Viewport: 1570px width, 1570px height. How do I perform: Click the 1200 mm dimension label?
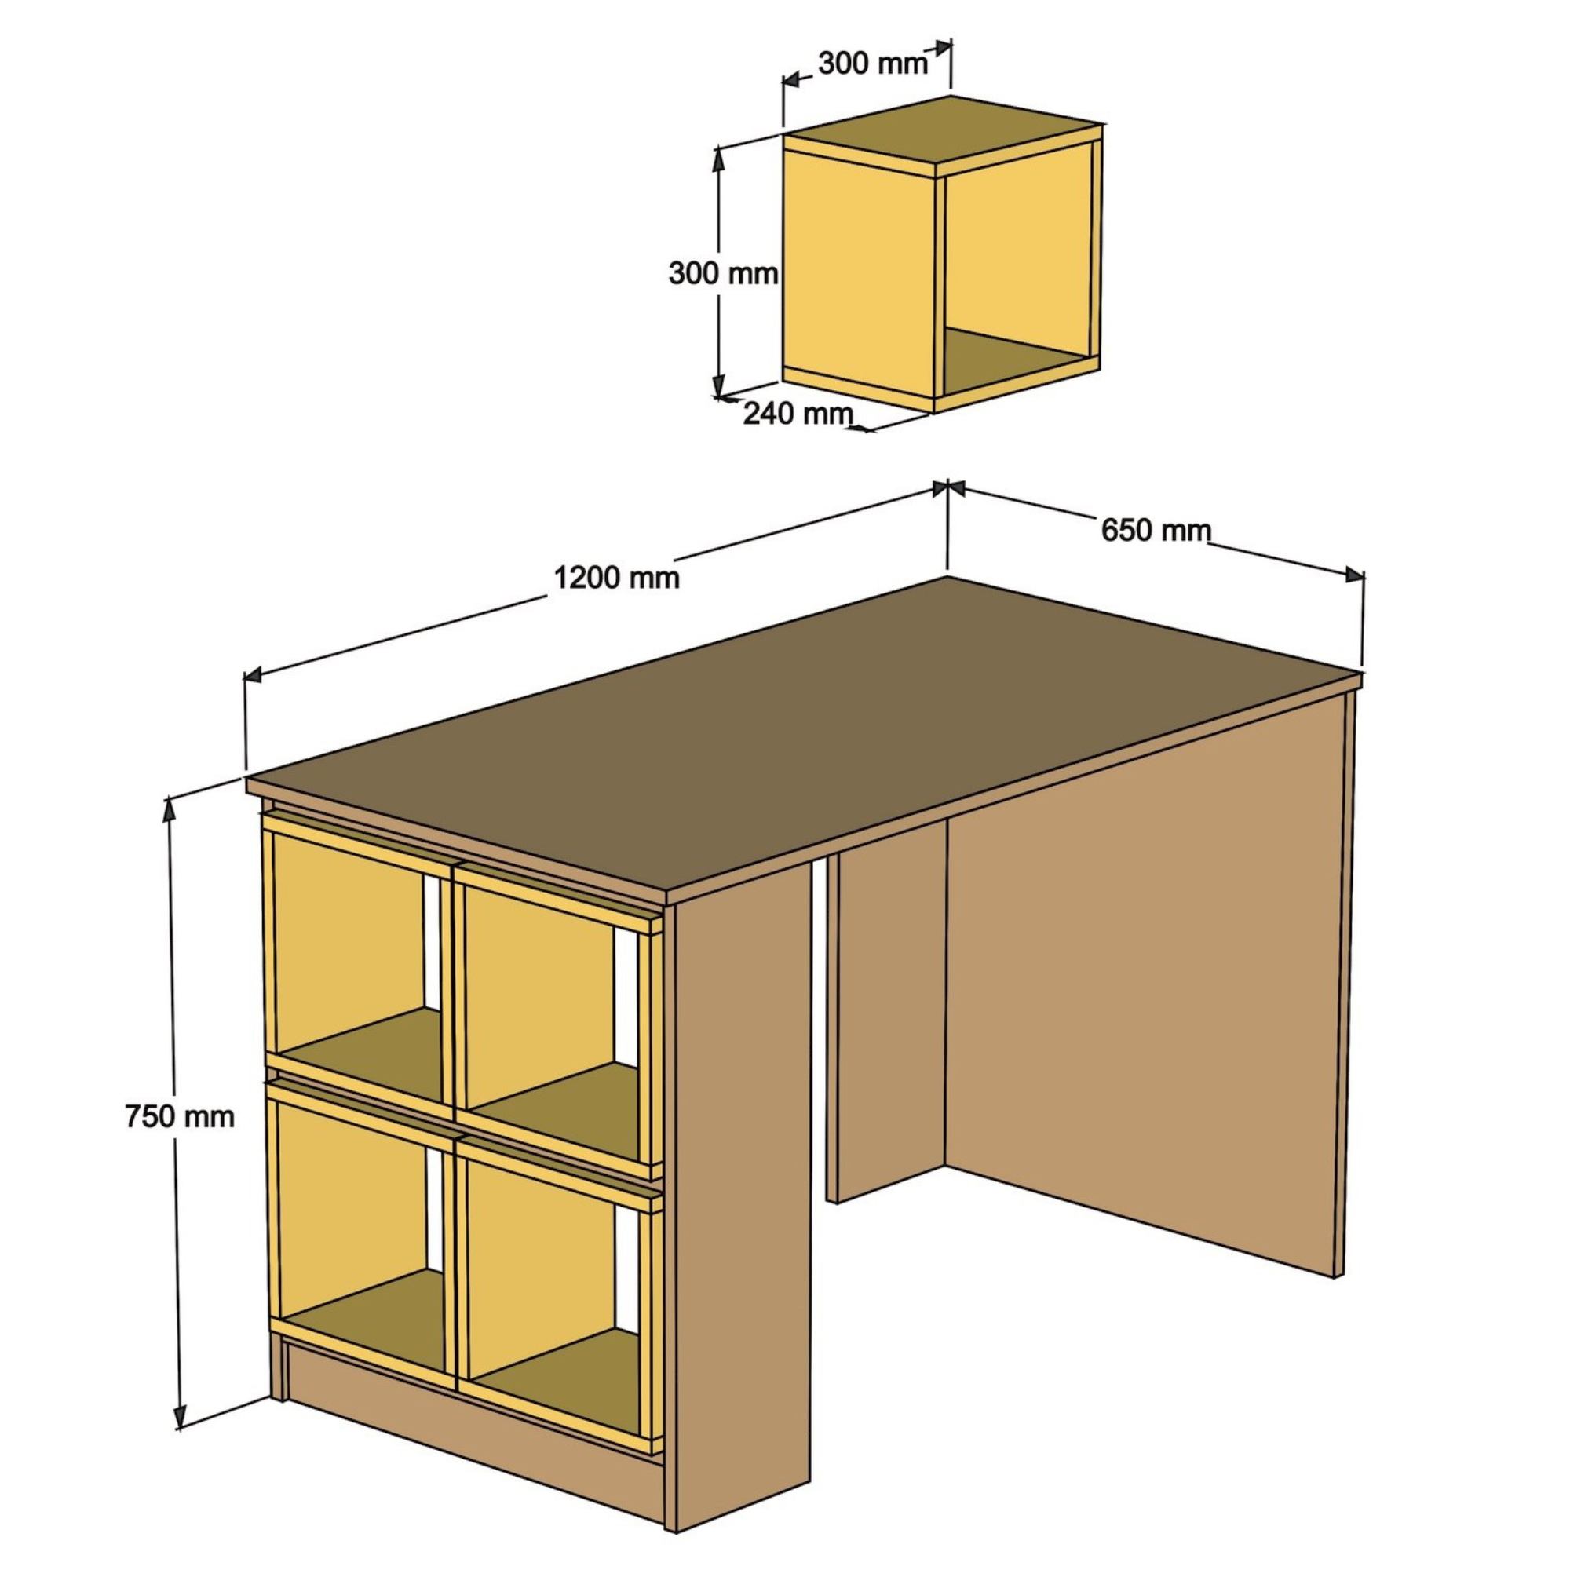tap(616, 578)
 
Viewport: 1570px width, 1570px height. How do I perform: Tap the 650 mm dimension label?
tap(1156, 531)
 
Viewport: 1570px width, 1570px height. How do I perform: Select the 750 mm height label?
tap(180, 1116)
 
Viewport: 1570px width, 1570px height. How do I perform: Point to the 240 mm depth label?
tap(798, 414)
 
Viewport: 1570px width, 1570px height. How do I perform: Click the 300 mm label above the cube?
tap(872, 63)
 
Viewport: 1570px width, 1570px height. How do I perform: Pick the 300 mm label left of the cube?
tap(723, 274)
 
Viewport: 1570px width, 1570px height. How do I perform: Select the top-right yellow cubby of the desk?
tap(557, 1020)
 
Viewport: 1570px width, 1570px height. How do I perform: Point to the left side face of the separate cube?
tap(858, 276)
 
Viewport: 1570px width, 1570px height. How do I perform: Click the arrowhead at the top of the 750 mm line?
tap(169, 809)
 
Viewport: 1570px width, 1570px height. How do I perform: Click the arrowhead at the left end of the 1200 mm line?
tap(254, 674)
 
